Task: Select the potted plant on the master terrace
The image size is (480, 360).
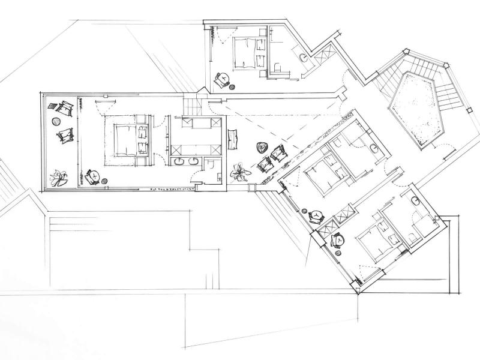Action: [x=58, y=177]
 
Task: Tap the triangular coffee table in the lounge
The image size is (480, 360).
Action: [x=261, y=147]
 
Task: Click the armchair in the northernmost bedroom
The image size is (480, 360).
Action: [x=222, y=79]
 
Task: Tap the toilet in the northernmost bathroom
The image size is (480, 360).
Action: [x=276, y=67]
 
